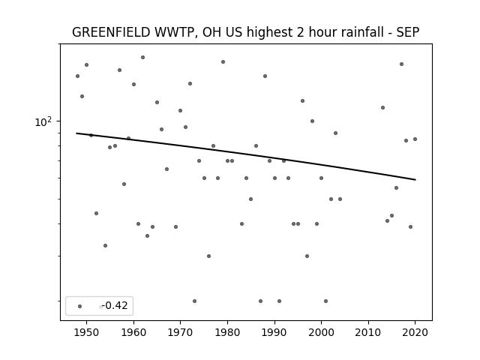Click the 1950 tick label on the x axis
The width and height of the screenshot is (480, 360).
87,332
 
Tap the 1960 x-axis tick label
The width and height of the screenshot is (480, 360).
133,332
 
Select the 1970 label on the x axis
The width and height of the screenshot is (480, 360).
180,332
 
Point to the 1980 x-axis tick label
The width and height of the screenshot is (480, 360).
227,332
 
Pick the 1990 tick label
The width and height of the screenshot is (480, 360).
274,332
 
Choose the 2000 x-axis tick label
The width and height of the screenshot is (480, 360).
321,332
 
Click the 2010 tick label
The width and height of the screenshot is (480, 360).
368,332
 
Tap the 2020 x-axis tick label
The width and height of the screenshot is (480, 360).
415,332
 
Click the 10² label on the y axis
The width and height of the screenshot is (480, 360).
43,121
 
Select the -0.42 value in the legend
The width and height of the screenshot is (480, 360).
115,305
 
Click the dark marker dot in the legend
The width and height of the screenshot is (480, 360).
80,306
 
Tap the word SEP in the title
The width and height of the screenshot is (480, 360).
408,32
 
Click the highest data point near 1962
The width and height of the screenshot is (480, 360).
142,57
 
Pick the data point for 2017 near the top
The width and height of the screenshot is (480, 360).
401,64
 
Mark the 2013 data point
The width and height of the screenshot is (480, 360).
382,107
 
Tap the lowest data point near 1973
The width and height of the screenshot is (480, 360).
194,301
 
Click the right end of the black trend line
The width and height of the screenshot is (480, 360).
415,180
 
